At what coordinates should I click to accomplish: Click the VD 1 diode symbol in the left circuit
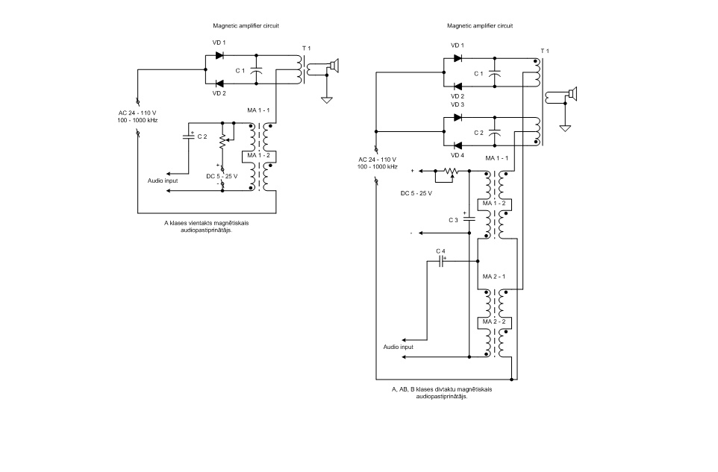tap(220, 54)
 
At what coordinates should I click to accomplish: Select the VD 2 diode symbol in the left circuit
tap(220, 84)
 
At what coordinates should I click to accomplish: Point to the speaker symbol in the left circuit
tap(333, 67)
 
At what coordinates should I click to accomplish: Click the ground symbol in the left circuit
tap(326, 99)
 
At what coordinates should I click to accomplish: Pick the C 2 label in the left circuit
tap(202, 136)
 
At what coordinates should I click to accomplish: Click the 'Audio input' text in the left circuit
tap(163, 180)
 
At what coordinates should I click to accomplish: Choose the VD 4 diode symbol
tap(458, 145)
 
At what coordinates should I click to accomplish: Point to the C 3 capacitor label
tap(454, 220)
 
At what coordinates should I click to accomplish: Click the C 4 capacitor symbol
tap(442, 262)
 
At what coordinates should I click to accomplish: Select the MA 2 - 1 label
tap(495, 276)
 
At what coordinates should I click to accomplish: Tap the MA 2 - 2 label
tap(495, 321)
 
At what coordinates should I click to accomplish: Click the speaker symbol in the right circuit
tap(571, 95)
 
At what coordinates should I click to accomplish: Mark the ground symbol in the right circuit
tap(565, 128)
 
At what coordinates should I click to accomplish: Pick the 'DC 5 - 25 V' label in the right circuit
tap(416, 193)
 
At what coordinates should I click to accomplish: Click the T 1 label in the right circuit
tap(545, 51)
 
